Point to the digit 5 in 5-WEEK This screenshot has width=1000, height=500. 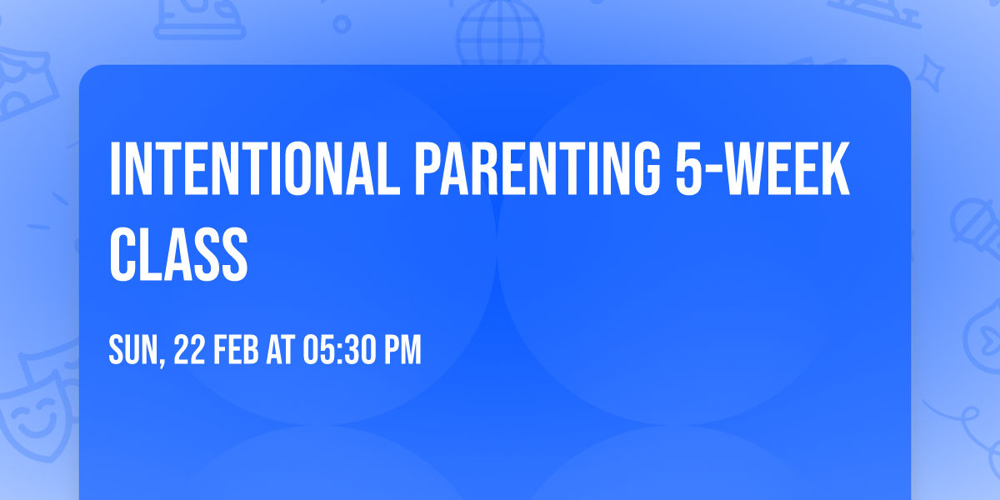(x=688, y=170)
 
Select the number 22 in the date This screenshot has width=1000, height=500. (x=188, y=351)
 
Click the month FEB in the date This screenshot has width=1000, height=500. (x=237, y=351)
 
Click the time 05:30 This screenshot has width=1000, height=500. (x=339, y=351)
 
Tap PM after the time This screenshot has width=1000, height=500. (x=402, y=351)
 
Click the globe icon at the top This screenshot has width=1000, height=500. (x=498, y=30)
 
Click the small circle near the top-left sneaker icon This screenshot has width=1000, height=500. (x=341, y=23)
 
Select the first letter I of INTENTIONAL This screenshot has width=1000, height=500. (x=115, y=170)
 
